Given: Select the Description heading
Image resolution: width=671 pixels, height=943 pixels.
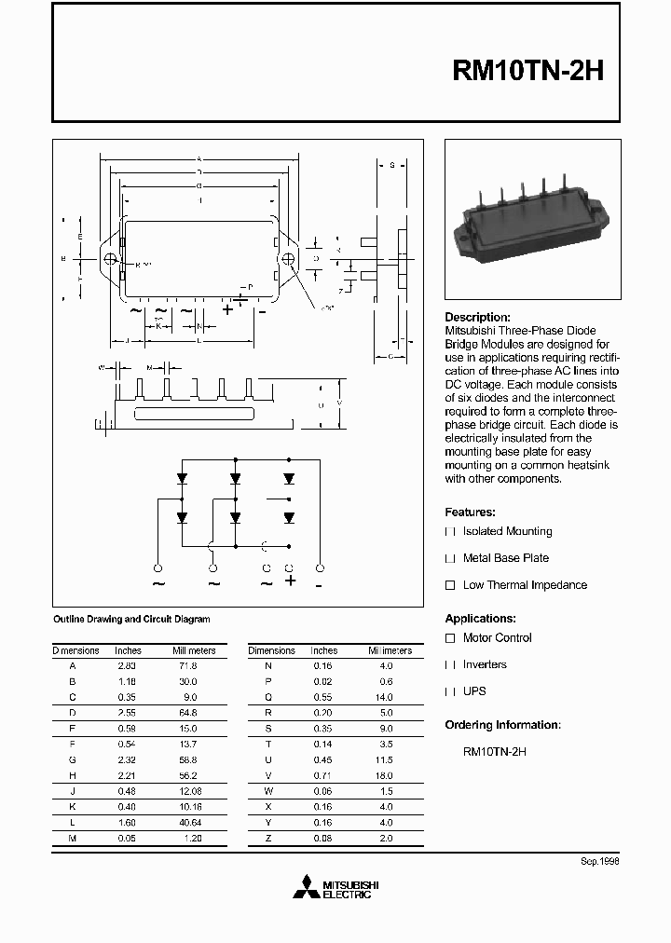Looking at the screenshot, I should [477, 317].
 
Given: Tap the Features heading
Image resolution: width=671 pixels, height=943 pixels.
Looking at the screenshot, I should [470, 512].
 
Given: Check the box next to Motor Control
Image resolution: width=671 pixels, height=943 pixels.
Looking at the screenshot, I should [450, 638].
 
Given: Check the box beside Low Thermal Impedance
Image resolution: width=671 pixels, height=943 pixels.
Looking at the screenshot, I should [450, 585].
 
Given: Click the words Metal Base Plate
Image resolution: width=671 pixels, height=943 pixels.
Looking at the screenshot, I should [506, 558].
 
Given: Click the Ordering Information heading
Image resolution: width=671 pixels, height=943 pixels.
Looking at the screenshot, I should [502, 724].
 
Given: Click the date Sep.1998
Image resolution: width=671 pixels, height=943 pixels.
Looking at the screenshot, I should [600, 861].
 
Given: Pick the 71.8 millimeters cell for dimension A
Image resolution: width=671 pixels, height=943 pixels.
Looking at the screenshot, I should [188, 666].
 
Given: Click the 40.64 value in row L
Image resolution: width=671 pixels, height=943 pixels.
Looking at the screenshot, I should [189, 823].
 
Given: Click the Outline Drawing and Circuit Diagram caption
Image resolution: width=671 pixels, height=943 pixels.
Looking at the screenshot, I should [131, 619].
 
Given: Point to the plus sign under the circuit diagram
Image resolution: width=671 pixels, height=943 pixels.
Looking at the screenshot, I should [290, 581].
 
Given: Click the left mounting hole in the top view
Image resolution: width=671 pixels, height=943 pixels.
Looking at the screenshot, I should [111, 259].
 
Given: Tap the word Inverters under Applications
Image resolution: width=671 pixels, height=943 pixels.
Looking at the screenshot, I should [485, 664].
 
